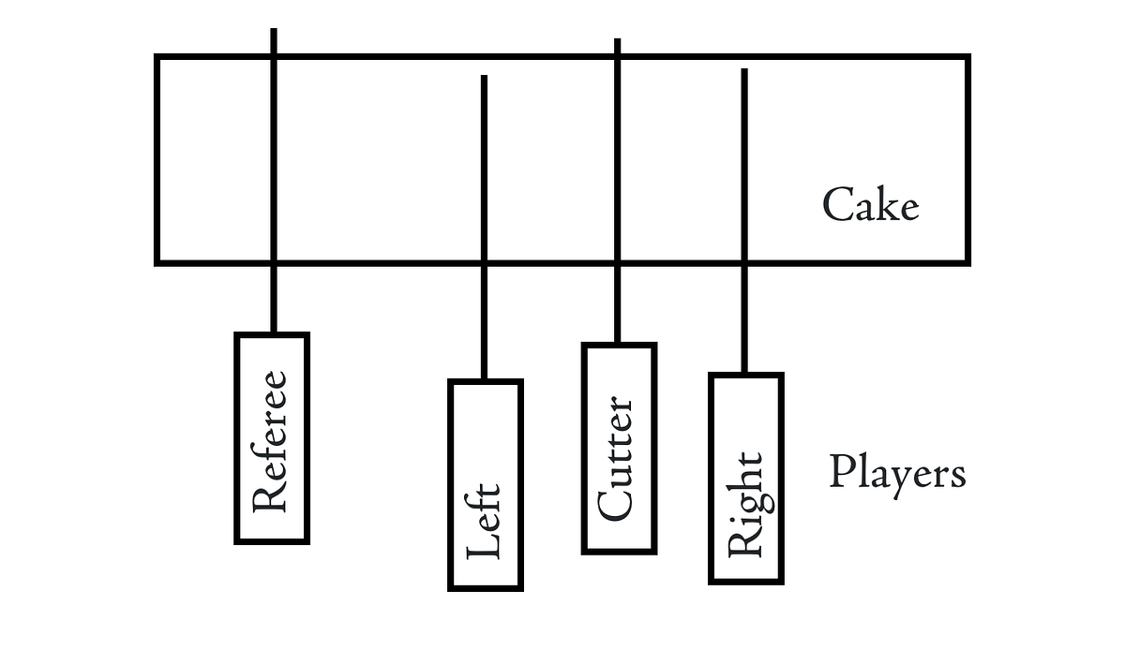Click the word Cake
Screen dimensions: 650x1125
click(x=870, y=205)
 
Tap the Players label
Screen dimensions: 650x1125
click(x=897, y=472)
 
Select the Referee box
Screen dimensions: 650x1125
click(x=272, y=437)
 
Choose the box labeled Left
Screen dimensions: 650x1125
click(x=485, y=484)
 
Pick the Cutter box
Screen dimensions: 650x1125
click(x=618, y=448)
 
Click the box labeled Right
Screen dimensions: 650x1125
click(x=745, y=478)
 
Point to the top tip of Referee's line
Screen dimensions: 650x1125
click(x=274, y=30)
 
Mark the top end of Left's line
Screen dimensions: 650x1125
click(x=484, y=77)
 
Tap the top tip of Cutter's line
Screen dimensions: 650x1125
click(x=617, y=40)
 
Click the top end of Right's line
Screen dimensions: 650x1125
click(x=744, y=70)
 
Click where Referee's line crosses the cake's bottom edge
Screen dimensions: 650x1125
click(x=274, y=262)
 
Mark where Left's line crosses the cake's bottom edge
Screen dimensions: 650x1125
click(x=484, y=262)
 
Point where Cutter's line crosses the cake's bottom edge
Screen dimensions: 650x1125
click(x=617, y=262)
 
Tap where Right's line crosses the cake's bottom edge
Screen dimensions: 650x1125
click(x=744, y=262)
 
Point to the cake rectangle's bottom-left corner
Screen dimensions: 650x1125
click(x=157, y=262)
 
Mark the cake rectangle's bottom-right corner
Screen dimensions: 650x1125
click(x=967, y=262)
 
